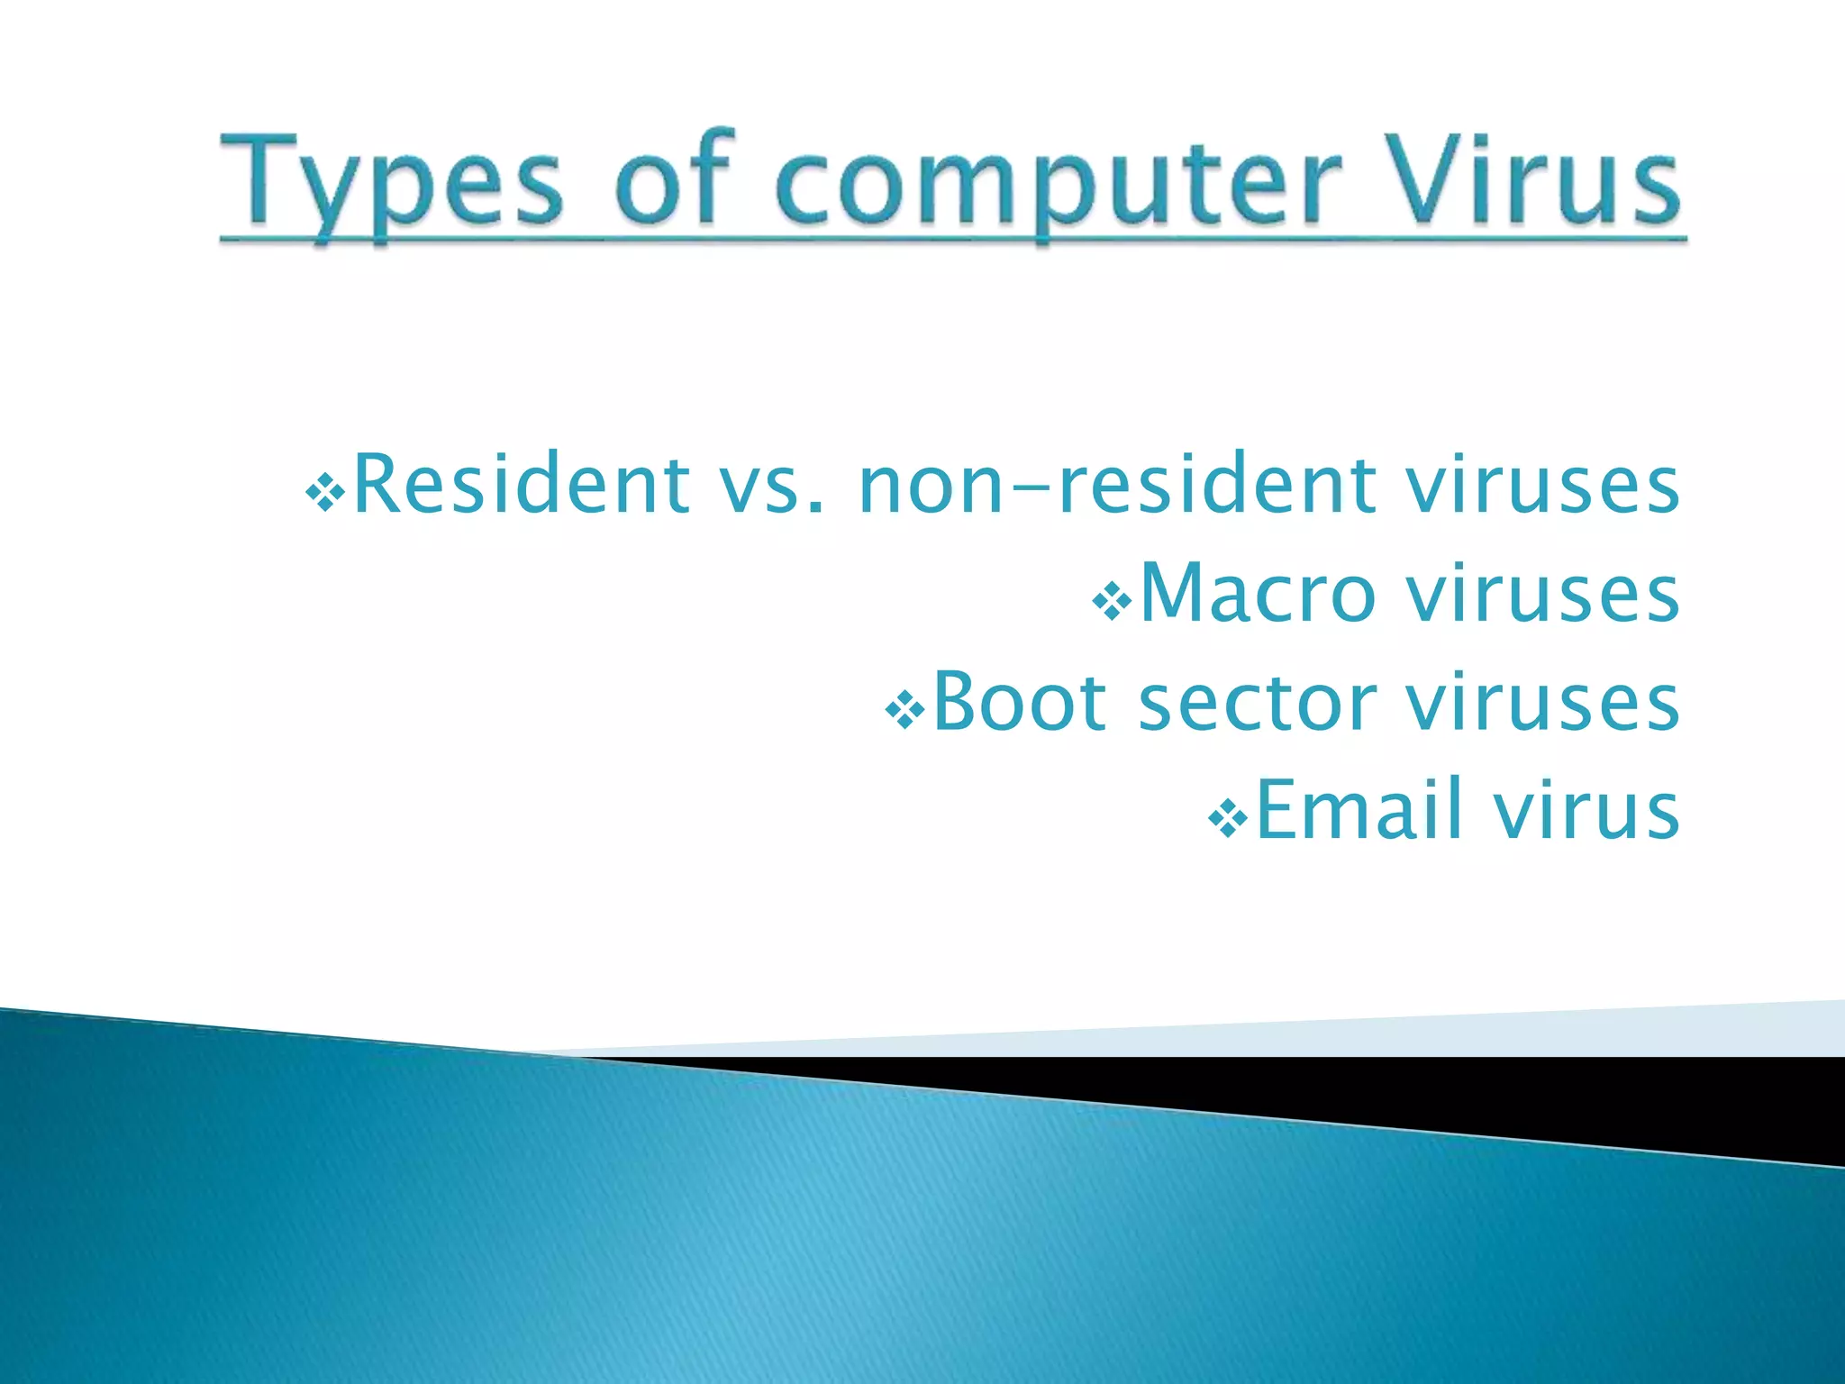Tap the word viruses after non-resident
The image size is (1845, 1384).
pos(1542,487)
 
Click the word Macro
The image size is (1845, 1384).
pos(1258,593)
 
